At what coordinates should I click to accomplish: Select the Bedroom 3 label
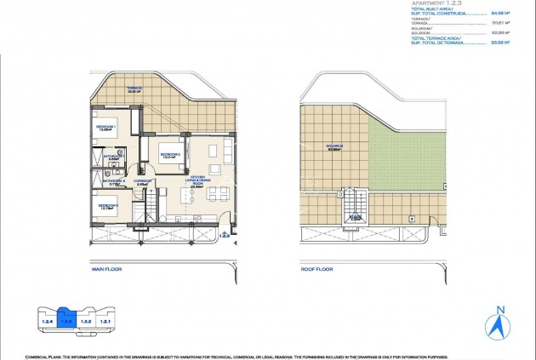(109, 205)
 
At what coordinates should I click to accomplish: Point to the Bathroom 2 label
(113, 180)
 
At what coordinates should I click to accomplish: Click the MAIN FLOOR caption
(108, 268)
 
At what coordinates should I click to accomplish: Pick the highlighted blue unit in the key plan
(63, 322)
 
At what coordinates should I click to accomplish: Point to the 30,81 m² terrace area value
(499, 22)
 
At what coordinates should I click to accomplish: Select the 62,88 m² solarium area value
(499, 31)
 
